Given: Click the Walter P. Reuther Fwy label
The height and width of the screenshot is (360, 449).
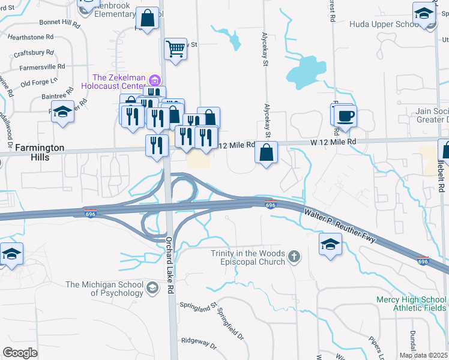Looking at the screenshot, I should tap(339, 225).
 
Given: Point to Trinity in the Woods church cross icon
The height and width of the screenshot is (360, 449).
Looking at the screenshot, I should tap(294, 257).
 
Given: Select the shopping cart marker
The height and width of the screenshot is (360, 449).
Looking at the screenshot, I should tap(175, 49).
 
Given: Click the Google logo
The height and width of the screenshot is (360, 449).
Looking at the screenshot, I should tap(20, 353).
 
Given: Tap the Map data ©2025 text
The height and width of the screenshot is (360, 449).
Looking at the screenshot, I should tap(424, 355).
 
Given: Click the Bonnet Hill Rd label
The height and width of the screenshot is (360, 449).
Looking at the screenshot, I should tap(59, 23).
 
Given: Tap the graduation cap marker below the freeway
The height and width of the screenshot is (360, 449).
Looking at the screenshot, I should tap(330, 244).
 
